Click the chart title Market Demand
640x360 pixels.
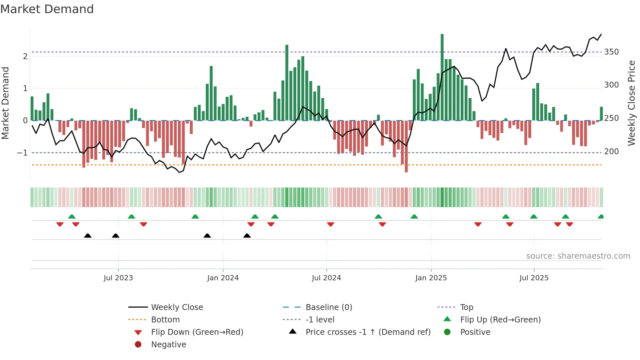47,9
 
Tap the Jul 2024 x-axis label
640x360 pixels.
326,278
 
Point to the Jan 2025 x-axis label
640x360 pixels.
431,278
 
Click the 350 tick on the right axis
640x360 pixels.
611,52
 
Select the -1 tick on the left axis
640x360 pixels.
22,153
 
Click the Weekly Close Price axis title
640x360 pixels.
632,103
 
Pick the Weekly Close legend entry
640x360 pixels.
177,307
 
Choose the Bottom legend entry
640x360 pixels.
165,320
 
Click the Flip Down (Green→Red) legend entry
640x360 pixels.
197,332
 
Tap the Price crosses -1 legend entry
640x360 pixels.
368,332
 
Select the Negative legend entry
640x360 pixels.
168,345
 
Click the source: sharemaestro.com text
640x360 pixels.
578,256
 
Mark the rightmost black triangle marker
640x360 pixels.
247,236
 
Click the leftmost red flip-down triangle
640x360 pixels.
60,224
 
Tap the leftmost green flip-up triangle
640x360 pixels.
72,217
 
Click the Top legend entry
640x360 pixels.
466,307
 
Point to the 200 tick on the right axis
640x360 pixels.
611,152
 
